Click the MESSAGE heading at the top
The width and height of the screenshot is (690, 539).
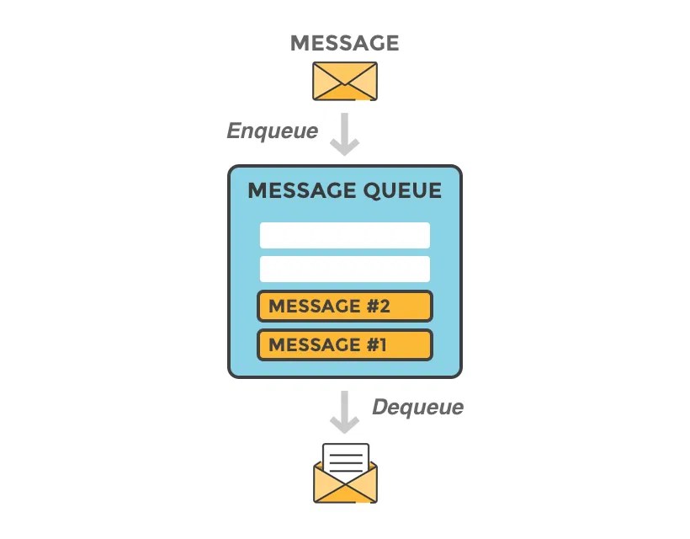point(344,43)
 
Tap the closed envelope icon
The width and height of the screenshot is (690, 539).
point(345,81)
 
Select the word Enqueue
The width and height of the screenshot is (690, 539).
point(273,131)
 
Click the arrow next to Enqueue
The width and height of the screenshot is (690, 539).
point(345,134)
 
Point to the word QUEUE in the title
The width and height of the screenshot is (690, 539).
point(402,191)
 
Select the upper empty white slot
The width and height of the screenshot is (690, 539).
point(345,235)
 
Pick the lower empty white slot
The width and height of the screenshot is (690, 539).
point(345,269)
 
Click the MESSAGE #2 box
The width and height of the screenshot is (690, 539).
point(345,306)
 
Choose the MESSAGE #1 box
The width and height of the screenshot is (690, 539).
point(345,344)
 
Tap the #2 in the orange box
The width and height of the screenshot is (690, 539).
point(379,306)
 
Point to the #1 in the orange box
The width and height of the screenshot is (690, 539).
point(377,344)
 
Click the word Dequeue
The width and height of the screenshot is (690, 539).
point(417,408)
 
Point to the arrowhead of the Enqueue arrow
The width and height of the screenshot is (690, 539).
point(345,147)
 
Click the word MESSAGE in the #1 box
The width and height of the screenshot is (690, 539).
point(314,344)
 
